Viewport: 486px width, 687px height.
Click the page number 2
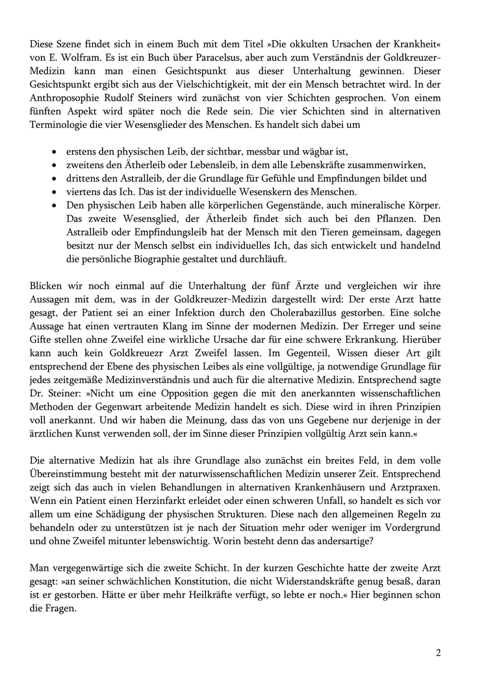pyautogui.click(x=439, y=652)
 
